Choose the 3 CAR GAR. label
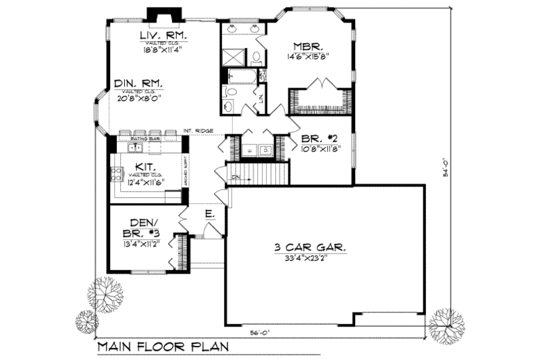point(310,248)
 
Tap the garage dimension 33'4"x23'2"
point(310,258)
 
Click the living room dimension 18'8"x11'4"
point(163,49)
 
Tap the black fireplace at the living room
point(161,16)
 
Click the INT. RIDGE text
point(200,130)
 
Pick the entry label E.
point(210,214)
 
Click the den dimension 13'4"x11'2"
point(142,244)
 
